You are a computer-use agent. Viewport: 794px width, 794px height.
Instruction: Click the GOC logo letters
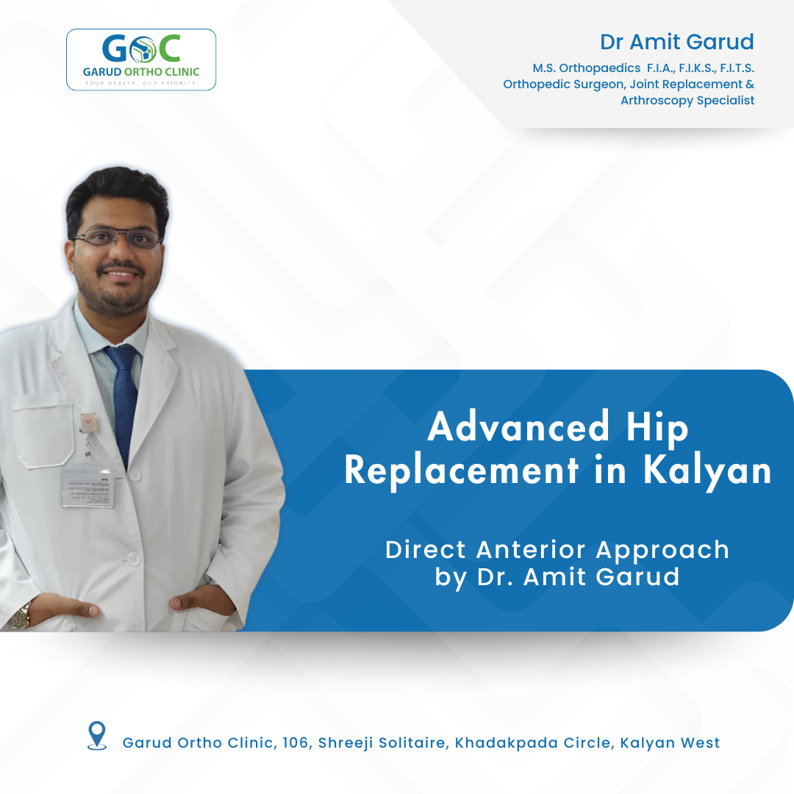click(141, 49)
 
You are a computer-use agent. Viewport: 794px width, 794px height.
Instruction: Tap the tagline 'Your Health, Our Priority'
click(140, 83)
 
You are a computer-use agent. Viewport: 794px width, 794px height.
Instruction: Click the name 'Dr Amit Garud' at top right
click(677, 42)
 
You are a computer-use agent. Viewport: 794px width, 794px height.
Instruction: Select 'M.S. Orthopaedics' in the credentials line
click(587, 68)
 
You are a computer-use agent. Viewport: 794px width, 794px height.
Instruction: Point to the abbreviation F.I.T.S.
click(737, 68)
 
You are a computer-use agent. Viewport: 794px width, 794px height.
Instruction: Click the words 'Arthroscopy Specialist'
click(687, 100)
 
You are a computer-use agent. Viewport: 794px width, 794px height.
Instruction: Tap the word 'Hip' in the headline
click(657, 428)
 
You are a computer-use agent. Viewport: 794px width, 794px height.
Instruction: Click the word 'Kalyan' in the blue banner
click(707, 471)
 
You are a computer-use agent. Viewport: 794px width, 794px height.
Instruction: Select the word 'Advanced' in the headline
click(518, 426)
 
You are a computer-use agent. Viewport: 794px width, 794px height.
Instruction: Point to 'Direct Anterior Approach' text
click(557, 550)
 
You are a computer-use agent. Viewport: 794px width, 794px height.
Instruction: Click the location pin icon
click(97, 736)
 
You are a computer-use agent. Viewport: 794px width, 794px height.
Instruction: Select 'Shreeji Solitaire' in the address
click(382, 743)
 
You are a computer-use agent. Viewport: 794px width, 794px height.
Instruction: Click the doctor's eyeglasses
click(118, 238)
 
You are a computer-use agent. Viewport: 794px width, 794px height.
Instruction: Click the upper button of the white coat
click(135, 474)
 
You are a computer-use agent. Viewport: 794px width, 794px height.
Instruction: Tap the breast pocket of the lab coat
click(43, 431)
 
